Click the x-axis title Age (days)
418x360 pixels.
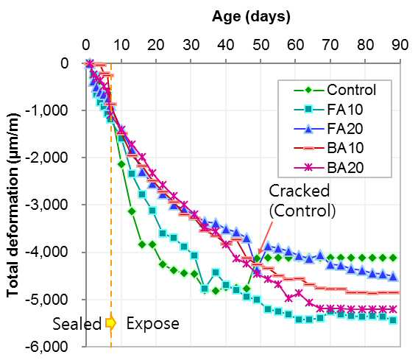pyautogui.click(x=251, y=17)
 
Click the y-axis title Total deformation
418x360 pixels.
pyautogui.click(x=13, y=205)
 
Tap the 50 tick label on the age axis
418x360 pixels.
pyautogui.click(x=261, y=45)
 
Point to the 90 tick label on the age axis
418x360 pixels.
pyautogui.click(x=400, y=45)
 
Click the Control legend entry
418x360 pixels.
pyautogui.click(x=335, y=90)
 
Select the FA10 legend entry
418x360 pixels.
pyautogui.click(x=328, y=110)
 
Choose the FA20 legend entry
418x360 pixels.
pyautogui.click(x=328, y=129)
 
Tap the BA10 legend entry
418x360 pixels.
pyautogui.click(x=328, y=148)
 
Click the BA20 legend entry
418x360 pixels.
pyautogui.click(x=328, y=168)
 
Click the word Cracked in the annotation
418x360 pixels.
pyautogui.click(x=299, y=191)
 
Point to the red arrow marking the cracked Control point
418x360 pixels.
pyautogui.click(x=265, y=236)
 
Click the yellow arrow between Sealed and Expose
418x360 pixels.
pyautogui.click(x=110, y=323)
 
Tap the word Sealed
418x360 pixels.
pyautogui.click(x=77, y=324)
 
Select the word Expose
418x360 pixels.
pyautogui.click(x=152, y=324)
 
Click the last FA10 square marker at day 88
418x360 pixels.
pyautogui.click(x=393, y=320)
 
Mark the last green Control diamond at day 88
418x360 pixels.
pyautogui.click(x=393, y=258)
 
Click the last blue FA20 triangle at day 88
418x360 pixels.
pyautogui.click(x=393, y=277)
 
